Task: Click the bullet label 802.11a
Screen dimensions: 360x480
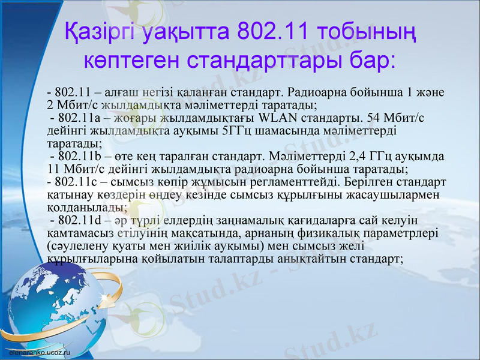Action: pos(76,118)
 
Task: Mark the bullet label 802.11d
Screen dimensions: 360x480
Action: pos(76,221)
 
